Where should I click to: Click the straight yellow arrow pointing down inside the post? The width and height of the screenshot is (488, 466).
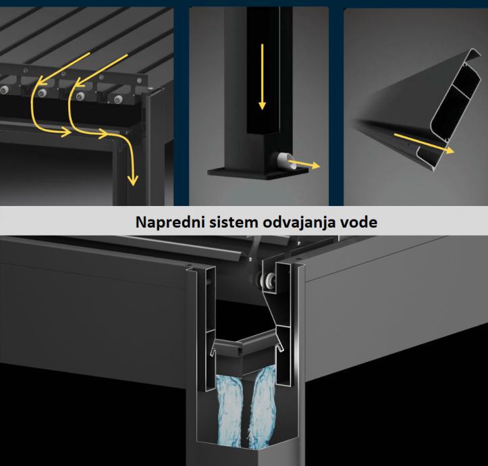coord(263,76)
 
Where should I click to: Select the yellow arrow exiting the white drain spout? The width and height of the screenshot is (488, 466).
coord(304,163)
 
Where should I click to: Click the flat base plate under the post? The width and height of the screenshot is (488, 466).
coord(258,173)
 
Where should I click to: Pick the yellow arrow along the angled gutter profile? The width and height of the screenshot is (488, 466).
coord(424,143)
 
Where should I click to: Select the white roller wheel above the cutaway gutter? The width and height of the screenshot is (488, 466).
coord(268,280)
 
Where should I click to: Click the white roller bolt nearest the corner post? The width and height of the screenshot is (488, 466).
coord(118,99)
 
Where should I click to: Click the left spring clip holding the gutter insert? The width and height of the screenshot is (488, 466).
coord(213,350)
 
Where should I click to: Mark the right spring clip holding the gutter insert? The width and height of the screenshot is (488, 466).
coord(279,346)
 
